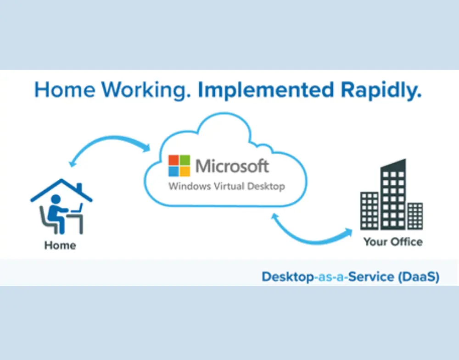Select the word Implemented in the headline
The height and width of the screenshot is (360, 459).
[266, 90]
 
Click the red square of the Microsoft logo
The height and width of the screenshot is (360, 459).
[174, 160]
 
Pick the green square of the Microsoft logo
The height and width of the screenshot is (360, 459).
[185, 160]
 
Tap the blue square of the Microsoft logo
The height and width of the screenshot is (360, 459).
[174, 172]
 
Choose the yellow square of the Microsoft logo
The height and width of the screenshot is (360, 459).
[185, 172]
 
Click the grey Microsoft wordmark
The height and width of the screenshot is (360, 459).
[232, 166]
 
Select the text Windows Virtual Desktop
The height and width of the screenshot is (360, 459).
[227, 186]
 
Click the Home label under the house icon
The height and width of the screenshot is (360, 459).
[60, 245]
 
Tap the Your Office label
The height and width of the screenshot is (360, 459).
[393, 242]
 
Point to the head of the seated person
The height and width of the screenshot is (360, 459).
[56, 199]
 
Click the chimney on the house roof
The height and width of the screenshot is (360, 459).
[79, 188]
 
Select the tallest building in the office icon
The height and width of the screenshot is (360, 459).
[393, 194]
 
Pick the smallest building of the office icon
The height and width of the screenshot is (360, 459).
[415, 216]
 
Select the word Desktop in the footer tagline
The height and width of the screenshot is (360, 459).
[287, 277]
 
